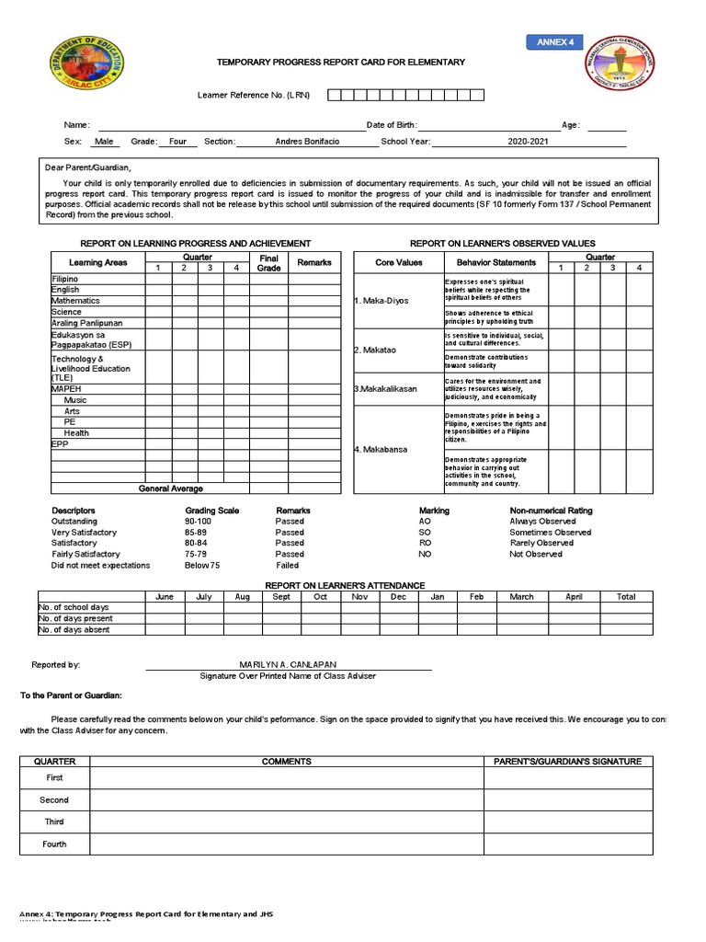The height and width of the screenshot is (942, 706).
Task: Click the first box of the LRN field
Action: [x=335, y=95]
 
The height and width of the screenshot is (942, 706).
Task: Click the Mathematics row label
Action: [x=76, y=301]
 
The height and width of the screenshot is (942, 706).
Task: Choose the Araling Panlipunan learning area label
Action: [x=86, y=323]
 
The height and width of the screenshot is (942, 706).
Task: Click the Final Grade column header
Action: [x=268, y=263]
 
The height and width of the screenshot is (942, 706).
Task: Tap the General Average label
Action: [x=171, y=488]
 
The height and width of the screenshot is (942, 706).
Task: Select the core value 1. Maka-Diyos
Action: [x=381, y=301]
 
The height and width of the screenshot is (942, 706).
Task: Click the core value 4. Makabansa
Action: [x=381, y=449]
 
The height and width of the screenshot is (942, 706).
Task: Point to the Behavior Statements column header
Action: [x=495, y=263]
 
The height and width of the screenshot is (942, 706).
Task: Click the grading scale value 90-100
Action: [x=198, y=522]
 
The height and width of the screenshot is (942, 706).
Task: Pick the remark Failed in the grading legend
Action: [x=288, y=566]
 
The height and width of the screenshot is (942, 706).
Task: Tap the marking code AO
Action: [x=425, y=522]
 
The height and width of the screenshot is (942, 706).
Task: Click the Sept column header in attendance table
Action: [x=281, y=597]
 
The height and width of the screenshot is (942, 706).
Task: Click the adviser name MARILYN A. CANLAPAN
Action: [x=288, y=664]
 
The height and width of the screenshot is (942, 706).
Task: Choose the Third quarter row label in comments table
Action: [x=54, y=822]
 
